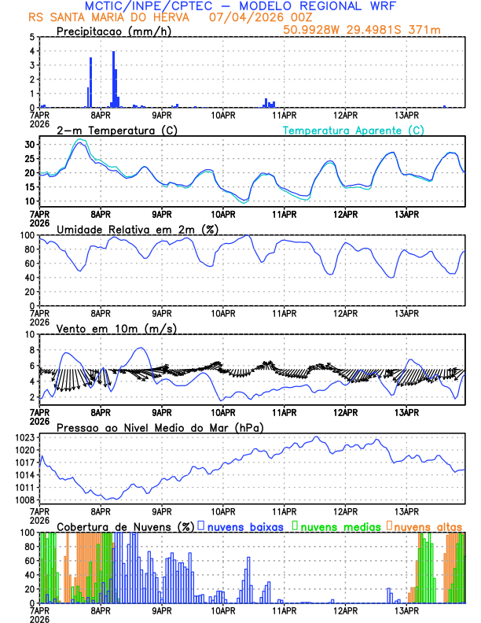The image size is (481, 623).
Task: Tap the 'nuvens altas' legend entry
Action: tap(428, 525)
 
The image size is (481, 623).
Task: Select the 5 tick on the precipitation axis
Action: tap(31, 37)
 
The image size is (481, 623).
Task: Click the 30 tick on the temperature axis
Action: tap(28, 145)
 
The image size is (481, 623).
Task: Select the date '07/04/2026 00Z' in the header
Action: tap(259, 17)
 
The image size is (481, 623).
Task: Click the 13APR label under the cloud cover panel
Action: tap(406, 610)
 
